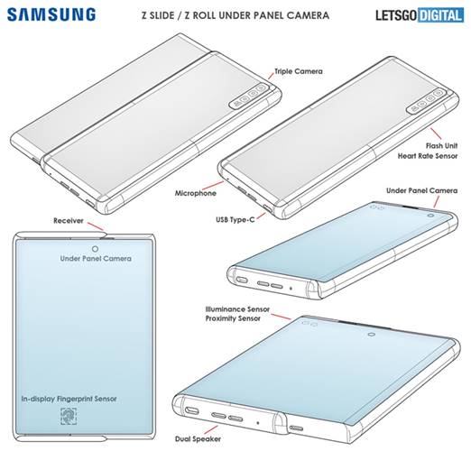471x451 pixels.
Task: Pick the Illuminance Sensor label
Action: [x=250, y=309]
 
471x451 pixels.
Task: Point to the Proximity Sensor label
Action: [x=250, y=321]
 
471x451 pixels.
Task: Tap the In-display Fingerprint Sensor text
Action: [x=82, y=397]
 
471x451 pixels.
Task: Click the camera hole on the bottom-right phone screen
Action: [x=370, y=334]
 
